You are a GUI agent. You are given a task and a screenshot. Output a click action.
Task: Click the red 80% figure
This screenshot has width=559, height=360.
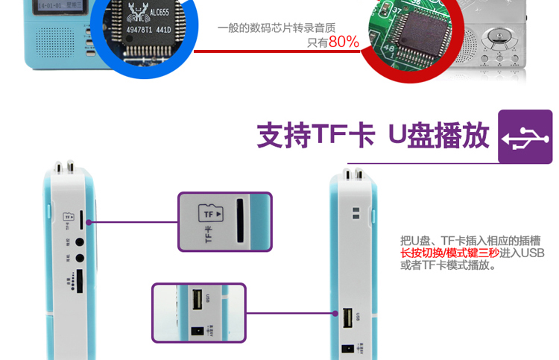pos(344,42)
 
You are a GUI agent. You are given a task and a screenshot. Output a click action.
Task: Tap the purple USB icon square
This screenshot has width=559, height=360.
pos(525,136)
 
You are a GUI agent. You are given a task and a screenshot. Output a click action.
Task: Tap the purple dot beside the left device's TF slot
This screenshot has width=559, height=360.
pos(89,222)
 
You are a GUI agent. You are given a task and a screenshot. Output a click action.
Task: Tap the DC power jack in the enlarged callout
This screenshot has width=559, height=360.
pos(198,330)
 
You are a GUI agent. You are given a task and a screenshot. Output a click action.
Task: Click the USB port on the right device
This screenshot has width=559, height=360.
pos(348,318)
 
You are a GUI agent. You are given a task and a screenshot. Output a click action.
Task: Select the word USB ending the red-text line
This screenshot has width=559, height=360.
pos(532,253)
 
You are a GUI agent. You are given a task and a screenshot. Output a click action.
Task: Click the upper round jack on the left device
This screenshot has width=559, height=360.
pos(78,241)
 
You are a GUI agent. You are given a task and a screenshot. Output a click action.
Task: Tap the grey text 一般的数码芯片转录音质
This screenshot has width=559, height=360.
pos(277,28)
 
